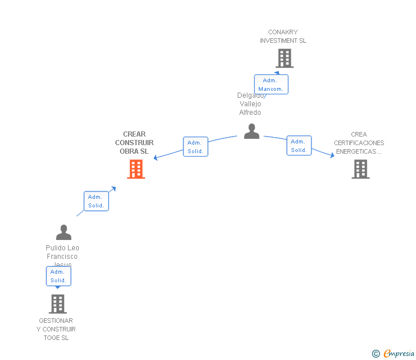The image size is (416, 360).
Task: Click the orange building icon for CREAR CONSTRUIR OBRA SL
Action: pyautogui.click(x=136, y=169)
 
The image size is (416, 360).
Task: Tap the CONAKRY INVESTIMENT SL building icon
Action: pyautogui.click(x=284, y=58)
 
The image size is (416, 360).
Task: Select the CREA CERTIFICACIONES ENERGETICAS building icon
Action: pyautogui.click(x=360, y=169)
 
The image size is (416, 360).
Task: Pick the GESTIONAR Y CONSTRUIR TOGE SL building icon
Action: pyautogui.click(x=57, y=304)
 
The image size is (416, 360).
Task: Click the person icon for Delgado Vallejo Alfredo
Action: pyautogui.click(x=251, y=131)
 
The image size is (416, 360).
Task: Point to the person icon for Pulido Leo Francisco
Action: pyautogui.click(x=63, y=233)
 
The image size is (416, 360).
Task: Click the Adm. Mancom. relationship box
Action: pyautogui.click(x=271, y=85)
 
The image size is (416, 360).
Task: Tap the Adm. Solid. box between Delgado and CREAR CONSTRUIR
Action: pyautogui.click(x=195, y=147)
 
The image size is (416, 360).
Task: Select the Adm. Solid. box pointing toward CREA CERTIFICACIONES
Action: pyautogui.click(x=299, y=146)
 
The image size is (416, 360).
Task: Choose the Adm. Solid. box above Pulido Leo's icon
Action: pyautogui.click(x=96, y=201)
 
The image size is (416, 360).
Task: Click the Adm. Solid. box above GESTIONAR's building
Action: pyautogui.click(x=58, y=276)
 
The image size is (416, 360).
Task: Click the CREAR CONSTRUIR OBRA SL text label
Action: pyautogui.click(x=134, y=143)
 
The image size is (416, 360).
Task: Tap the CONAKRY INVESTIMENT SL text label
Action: pyautogui.click(x=283, y=37)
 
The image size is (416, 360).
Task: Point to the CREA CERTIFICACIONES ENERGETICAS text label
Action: pyautogui.click(x=359, y=143)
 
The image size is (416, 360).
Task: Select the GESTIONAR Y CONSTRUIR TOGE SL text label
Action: pyautogui.click(x=56, y=329)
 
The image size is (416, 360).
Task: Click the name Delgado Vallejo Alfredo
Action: pyautogui.click(x=250, y=105)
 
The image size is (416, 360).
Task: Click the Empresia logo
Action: pyautogui.click(x=398, y=354)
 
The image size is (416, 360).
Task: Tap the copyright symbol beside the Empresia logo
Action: pyautogui.click(x=376, y=354)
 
